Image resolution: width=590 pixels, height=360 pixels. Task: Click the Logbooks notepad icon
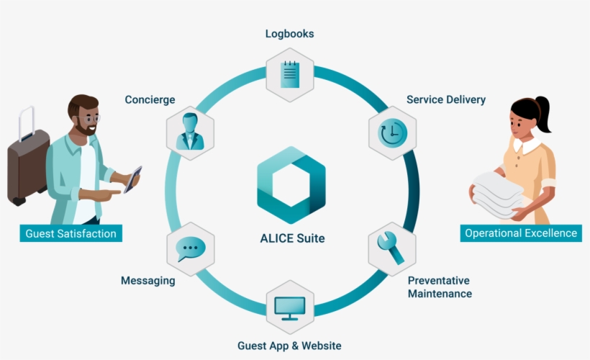click(x=290, y=74)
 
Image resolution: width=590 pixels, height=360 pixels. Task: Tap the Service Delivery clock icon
click(x=393, y=132)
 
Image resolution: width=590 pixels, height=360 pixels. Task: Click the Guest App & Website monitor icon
click(x=290, y=307)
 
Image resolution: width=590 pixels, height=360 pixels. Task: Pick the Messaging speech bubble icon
click(x=191, y=249)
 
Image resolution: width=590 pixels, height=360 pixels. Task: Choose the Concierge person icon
click(x=191, y=132)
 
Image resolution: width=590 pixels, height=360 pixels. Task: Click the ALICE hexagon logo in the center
click(x=291, y=185)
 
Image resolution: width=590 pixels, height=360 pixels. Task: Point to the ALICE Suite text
click(x=292, y=238)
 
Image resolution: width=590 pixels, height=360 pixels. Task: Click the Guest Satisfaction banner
click(x=70, y=233)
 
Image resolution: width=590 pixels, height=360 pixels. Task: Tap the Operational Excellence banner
click(x=521, y=233)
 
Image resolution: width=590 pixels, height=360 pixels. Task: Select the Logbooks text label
click(x=289, y=34)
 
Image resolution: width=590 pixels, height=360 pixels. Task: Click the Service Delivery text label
click(x=445, y=99)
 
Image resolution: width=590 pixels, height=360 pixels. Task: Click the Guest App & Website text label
click(x=289, y=345)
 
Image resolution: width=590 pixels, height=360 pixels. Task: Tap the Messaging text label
click(x=147, y=281)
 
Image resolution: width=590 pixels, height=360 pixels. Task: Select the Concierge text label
click(x=150, y=99)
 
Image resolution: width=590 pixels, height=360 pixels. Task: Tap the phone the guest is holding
click(x=132, y=179)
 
